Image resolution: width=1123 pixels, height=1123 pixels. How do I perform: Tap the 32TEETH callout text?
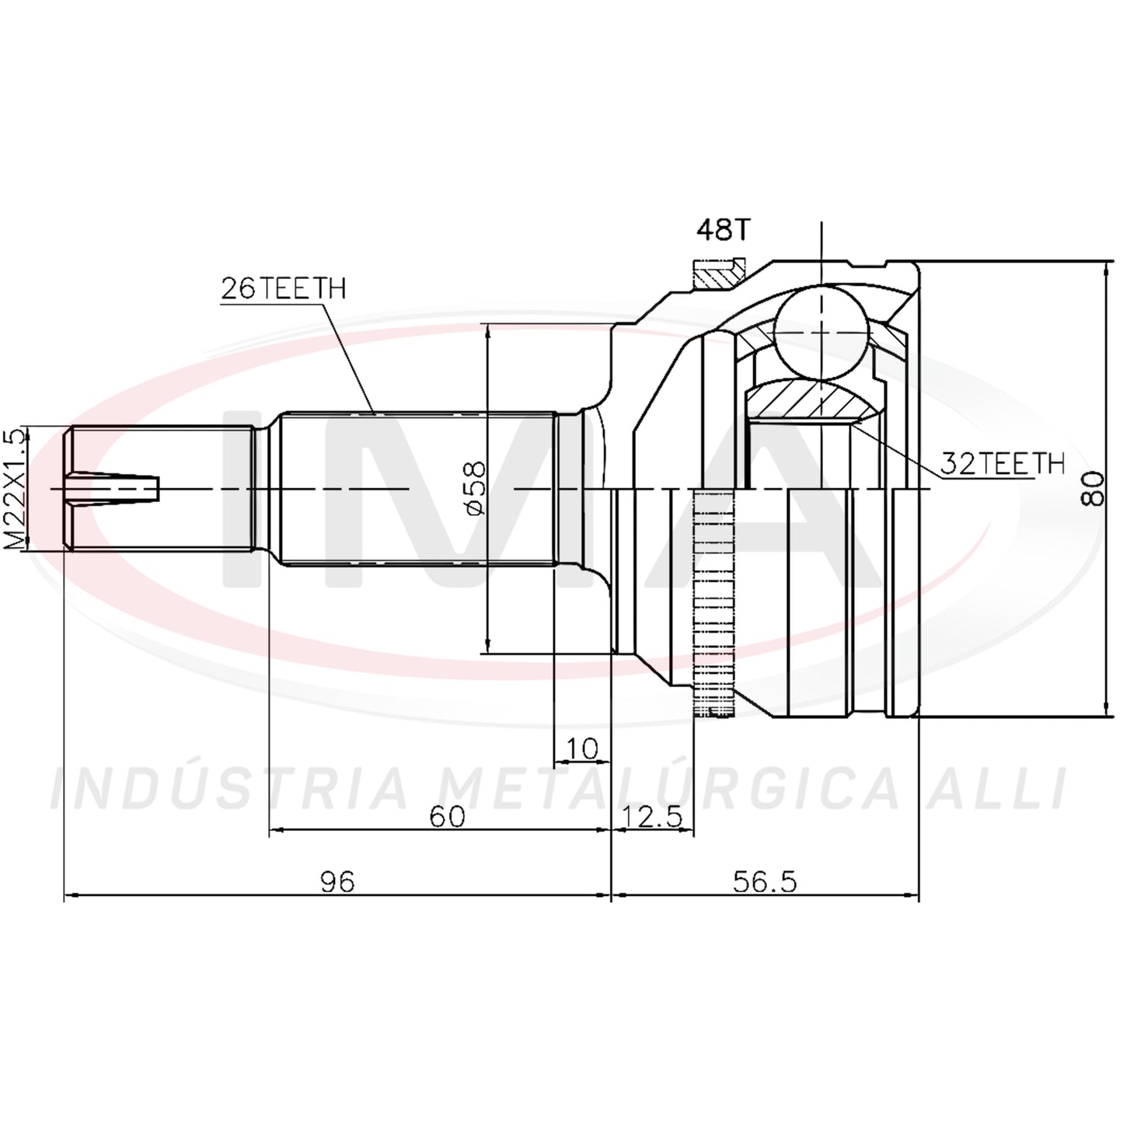pos(1002,463)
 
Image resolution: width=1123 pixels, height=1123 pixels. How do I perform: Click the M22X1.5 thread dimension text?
pos(16,490)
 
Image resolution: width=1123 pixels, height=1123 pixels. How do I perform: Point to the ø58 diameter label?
pos(475,488)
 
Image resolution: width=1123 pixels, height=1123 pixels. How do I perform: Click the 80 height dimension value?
pos(1091,488)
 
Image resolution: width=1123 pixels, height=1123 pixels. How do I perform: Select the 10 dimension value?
pos(581,748)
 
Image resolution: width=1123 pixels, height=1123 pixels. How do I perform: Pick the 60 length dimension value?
pos(447,817)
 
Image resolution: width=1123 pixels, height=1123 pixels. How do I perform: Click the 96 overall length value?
pos(337,882)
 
